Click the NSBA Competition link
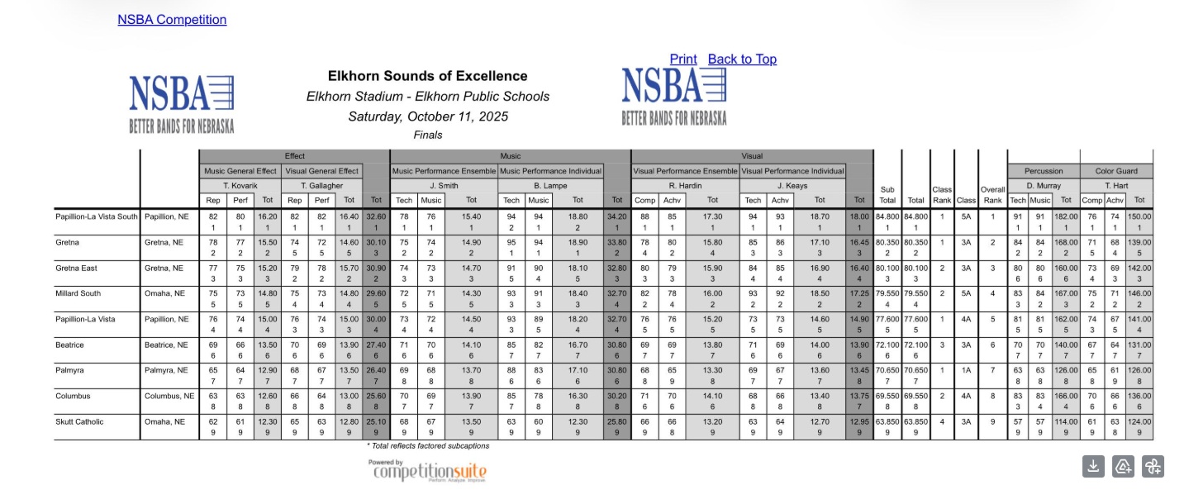(x=172, y=19)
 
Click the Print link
(x=683, y=59)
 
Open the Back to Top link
(x=742, y=59)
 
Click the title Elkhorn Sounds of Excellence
(x=427, y=76)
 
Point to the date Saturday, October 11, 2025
(x=427, y=116)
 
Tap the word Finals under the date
(x=427, y=135)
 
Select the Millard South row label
(x=78, y=293)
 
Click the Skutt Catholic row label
(x=79, y=421)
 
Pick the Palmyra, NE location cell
(x=166, y=370)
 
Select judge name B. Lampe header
(x=551, y=186)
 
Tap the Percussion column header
(x=1044, y=171)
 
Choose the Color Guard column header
(x=1117, y=171)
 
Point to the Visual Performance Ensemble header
(x=685, y=171)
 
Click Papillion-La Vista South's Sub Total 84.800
(x=887, y=216)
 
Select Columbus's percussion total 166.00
(x=1066, y=396)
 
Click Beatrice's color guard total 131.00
(x=1139, y=345)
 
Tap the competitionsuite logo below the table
(x=427, y=472)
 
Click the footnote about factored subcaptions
(x=429, y=446)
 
